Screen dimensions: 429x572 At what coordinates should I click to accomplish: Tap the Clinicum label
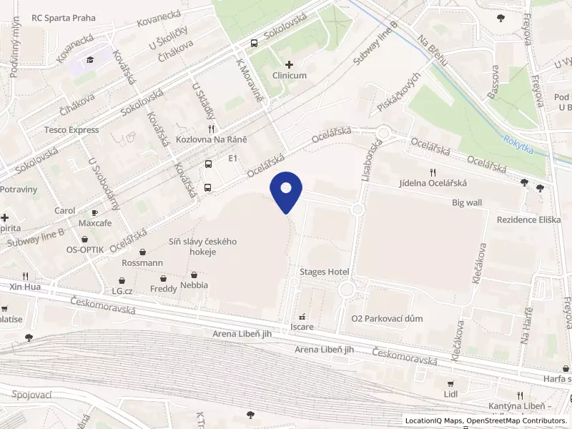coord(290,74)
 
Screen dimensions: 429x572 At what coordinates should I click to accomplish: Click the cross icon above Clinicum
coord(289,64)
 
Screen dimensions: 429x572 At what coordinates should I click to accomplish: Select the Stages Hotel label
coord(324,272)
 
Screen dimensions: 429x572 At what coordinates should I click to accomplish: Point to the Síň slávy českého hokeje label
coord(202,247)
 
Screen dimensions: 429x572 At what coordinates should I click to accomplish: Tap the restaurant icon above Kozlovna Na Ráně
coord(211,128)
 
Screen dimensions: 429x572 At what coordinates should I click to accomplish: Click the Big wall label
coord(467,202)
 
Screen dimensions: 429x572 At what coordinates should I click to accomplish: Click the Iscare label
coord(302,327)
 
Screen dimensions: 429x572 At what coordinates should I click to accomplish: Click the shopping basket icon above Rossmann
coord(144,252)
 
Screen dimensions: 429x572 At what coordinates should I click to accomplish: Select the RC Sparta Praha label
coord(64,17)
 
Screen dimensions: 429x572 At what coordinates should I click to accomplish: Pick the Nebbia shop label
coord(194,285)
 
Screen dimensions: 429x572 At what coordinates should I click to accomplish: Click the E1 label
coord(232,158)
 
